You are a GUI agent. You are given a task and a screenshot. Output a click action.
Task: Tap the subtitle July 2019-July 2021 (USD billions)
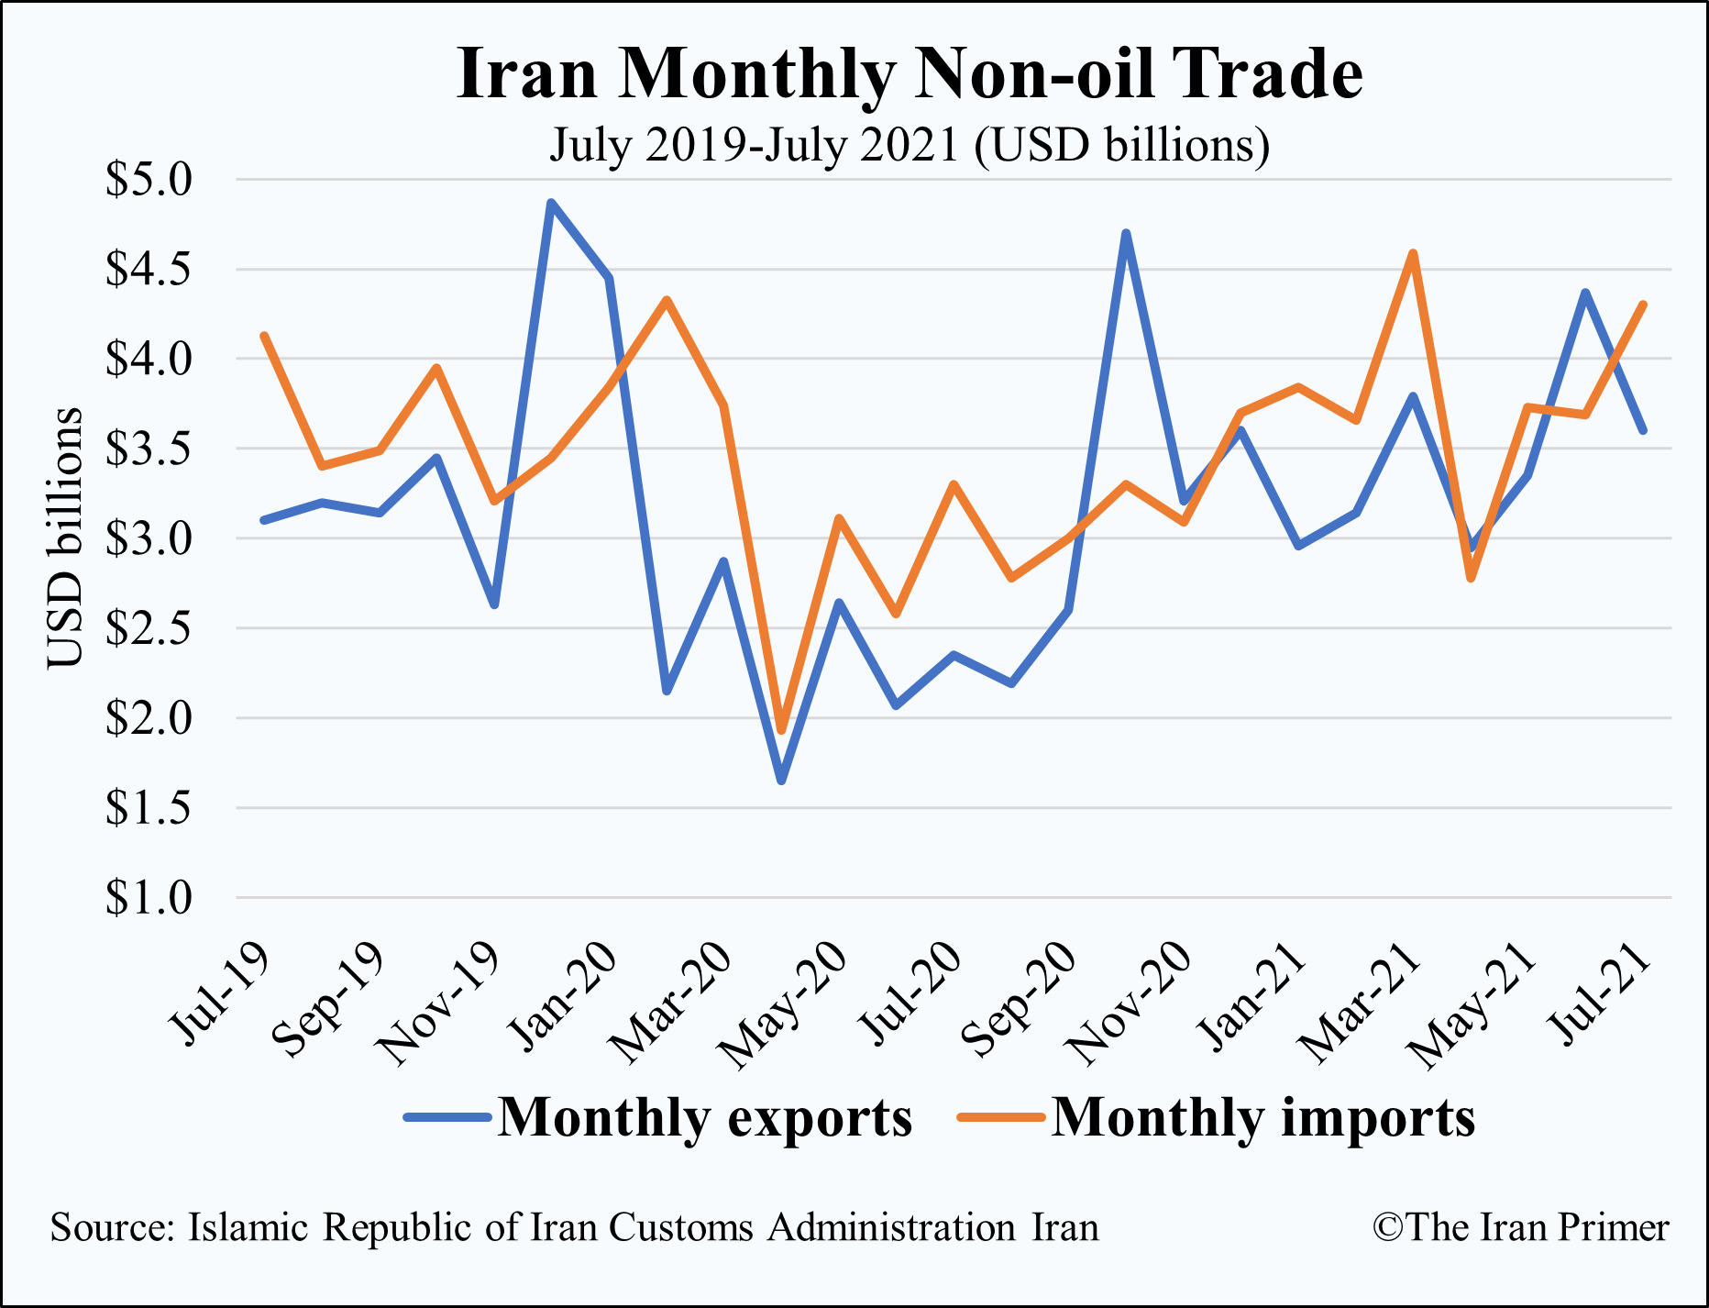click(x=910, y=145)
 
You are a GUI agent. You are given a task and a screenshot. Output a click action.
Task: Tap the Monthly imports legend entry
click(x=1218, y=1117)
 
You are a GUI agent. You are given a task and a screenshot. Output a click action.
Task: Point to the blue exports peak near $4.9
click(x=551, y=203)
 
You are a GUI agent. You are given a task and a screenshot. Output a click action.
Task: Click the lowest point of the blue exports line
click(x=781, y=781)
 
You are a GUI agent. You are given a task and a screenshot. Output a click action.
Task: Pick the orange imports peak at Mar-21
click(x=1413, y=253)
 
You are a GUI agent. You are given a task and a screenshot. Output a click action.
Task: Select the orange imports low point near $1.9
click(x=781, y=730)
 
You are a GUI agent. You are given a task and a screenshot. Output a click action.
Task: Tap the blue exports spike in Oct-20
click(x=1126, y=234)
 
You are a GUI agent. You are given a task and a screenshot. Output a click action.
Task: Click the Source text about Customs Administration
click(x=574, y=1227)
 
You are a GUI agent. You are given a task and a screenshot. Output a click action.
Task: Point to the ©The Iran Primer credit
click(x=1520, y=1227)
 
